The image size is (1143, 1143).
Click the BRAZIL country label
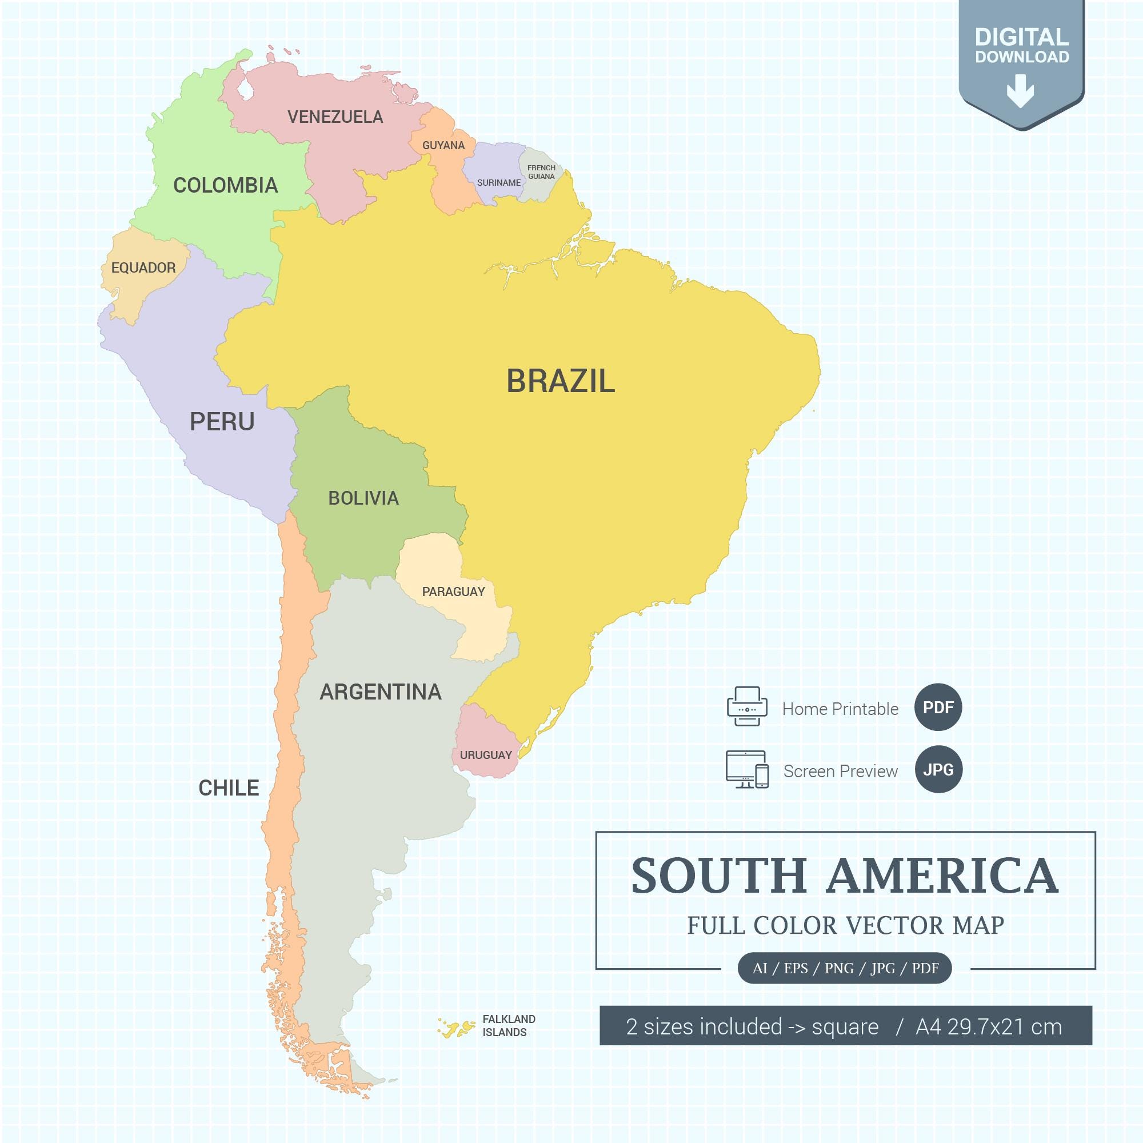(x=560, y=381)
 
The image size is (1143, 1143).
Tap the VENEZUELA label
(x=335, y=117)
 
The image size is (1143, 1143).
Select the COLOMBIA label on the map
(x=225, y=186)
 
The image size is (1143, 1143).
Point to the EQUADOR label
(x=143, y=268)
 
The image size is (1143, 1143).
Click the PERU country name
(x=222, y=422)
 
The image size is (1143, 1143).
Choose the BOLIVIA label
(x=363, y=498)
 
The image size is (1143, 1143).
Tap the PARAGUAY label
(x=453, y=592)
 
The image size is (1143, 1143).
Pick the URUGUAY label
(x=485, y=755)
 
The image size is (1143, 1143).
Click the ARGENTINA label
(x=381, y=692)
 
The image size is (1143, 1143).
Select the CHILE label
(x=229, y=788)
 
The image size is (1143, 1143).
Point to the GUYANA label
(x=443, y=146)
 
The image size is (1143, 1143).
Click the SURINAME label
(x=499, y=183)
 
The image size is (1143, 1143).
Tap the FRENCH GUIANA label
(x=541, y=172)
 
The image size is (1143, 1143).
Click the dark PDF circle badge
(x=938, y=708)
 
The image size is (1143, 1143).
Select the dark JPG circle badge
(x=938, y=770)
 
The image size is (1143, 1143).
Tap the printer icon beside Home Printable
(x=746, y=706)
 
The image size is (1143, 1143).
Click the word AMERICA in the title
(x=942, y=876)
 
